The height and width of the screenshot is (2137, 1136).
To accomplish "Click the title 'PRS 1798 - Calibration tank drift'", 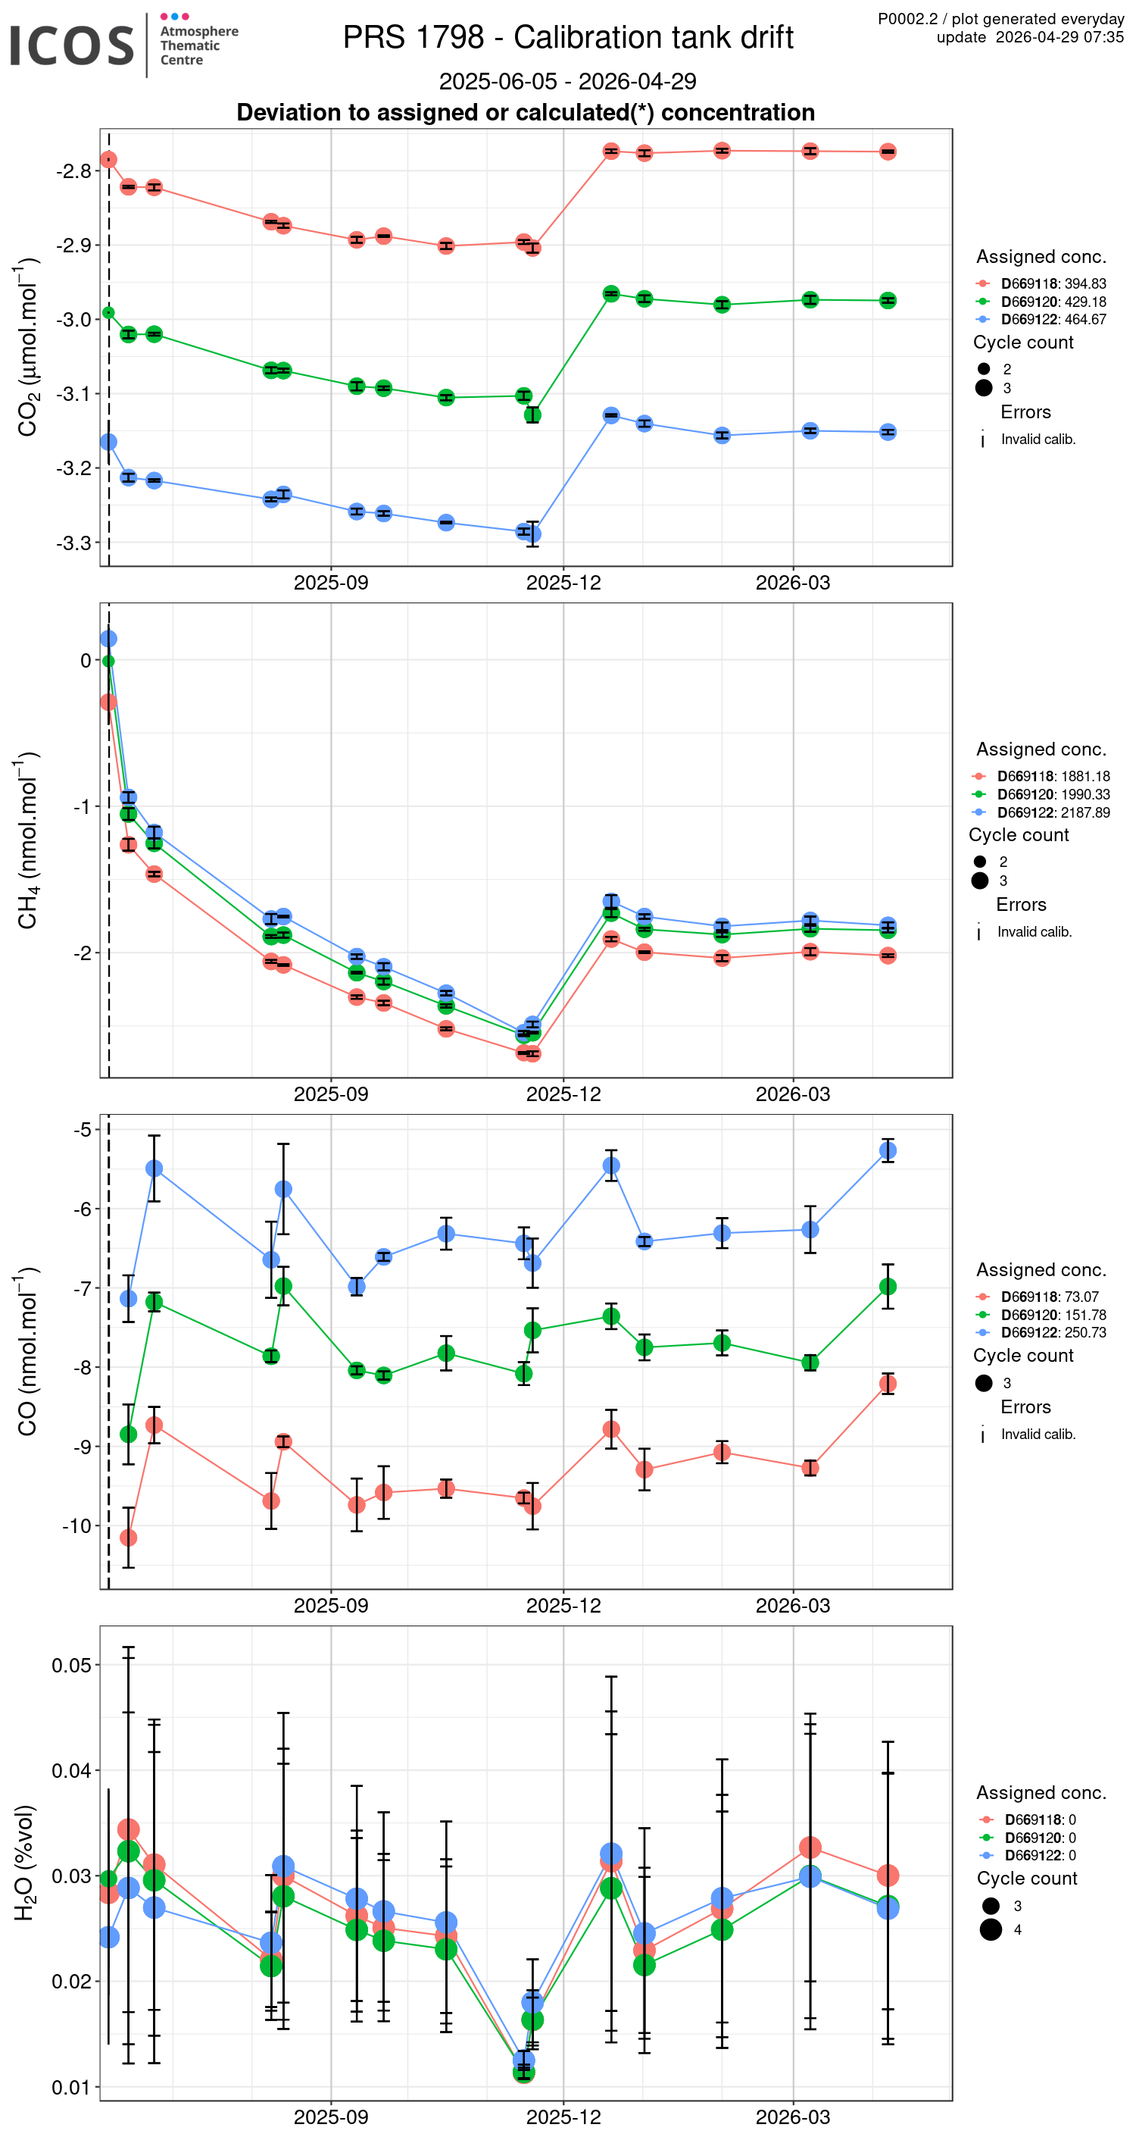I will (x=568, y=37).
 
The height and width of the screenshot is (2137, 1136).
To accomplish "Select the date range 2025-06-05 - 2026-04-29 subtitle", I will (x=567, y=81).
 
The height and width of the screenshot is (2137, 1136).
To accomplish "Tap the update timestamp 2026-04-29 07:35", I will (x=1059, y=37).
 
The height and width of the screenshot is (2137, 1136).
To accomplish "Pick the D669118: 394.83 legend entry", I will (x=1052, y=283).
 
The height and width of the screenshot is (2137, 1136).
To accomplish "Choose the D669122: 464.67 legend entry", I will (x=1052, y=319).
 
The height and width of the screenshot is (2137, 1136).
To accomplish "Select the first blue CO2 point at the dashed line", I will (x=108, y=442).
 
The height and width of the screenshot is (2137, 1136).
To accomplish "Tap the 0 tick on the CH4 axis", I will (x=86, y=660).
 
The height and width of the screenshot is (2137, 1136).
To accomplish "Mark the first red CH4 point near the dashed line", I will (x=108, y=702).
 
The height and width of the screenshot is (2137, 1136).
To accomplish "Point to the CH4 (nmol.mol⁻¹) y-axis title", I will (x=27, y=840).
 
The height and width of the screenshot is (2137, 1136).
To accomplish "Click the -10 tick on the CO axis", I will (x=76, y=1525).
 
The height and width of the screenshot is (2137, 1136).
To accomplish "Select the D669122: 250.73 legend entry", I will (x=1052, y=1332).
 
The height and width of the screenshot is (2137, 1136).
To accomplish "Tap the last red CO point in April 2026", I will (x=888, y=1384).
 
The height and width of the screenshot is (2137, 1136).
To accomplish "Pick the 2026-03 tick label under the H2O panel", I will (x=792, y=2117).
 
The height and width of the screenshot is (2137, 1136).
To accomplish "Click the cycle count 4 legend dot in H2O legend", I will (x=990, y=1929).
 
